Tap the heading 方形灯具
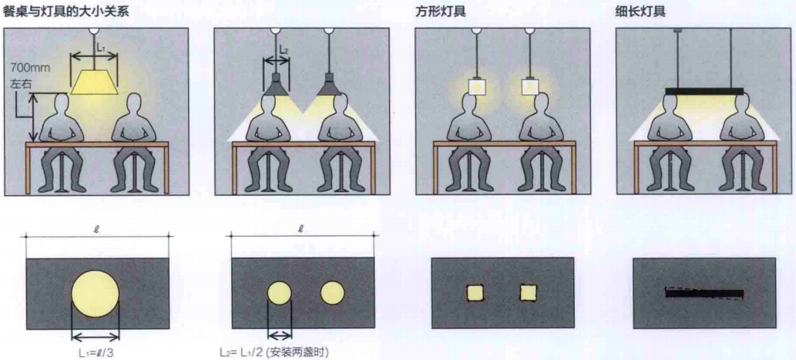tap(440, 11)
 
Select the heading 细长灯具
tap(640, 11)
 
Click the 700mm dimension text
tap(25, 66)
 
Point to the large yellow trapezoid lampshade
tap(95, 82)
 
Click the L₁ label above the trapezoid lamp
tap(101, 46)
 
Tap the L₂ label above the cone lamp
tap(284, 50)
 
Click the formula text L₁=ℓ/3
tap(96, 351)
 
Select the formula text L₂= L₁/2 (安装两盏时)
tap(274, 352)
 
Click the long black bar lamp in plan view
tap(704, 294)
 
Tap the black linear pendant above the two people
tap(704, 92)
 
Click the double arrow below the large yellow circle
tap(96, 335)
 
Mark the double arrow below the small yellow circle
tap(280, 335)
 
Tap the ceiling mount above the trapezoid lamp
tap(94, 30)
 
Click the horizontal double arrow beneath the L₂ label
tap(276, 61)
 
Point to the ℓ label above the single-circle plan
tap(96, 230)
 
